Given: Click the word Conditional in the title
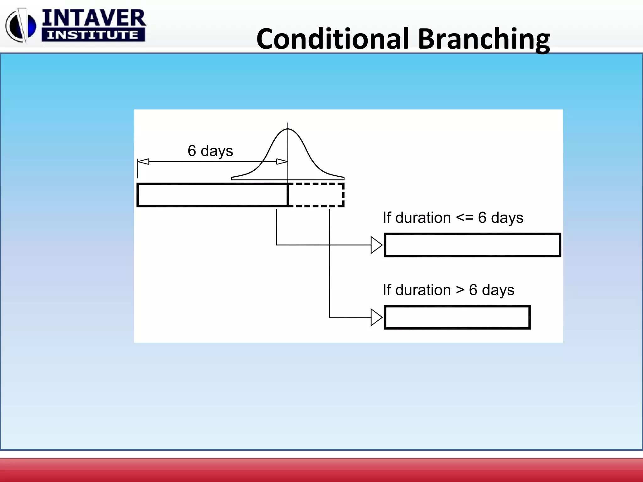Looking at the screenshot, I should coord(333,39).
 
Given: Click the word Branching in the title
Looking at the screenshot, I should coord(484,39).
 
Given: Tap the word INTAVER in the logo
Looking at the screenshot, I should coord(94,18).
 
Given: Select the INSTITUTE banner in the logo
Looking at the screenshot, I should coord(93,35).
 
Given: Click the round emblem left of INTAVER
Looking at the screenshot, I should coord(21,26).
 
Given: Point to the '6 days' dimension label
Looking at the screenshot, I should coord(210,151).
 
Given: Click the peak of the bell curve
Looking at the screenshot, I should coord(288,129).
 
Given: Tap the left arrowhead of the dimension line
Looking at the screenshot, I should coord(143,162).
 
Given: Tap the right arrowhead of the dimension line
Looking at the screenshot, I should coord(282,162).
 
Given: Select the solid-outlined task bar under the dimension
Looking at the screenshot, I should coord(212,195).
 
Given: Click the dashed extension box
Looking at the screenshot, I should coord(316,195).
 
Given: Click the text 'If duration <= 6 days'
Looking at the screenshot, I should coord(453,218).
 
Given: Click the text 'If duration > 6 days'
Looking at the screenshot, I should coord(448,290).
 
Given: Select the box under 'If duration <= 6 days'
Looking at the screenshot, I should coord(472,245).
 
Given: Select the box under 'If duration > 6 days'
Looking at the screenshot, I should coord(457,317).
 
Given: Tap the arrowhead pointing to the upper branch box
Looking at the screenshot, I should coord(376,245).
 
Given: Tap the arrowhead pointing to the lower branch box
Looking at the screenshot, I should coord(376,317).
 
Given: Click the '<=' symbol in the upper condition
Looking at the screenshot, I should coord(464,217).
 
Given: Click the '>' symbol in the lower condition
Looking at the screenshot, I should coord(460,290).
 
